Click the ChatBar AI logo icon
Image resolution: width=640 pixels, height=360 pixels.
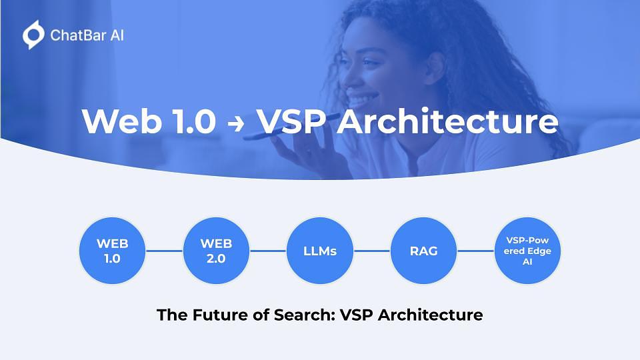(33, 35)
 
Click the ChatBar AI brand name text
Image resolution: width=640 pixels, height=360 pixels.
(87, 35)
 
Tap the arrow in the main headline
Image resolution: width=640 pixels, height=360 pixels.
(235, 123)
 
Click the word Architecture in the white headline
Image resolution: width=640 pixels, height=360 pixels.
(447, 121)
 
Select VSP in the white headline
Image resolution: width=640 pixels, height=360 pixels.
(292, 121)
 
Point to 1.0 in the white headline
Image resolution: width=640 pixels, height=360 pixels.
(194, 121)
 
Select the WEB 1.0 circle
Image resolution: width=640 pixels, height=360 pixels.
(112, 251)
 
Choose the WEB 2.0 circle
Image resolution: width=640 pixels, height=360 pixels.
(216, 251)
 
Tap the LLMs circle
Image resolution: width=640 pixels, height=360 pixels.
(320, 251)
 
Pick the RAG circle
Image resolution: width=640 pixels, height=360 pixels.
(424, 251)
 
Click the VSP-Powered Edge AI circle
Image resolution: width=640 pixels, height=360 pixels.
(527, 251)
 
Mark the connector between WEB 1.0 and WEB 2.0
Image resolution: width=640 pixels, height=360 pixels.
(164, 251)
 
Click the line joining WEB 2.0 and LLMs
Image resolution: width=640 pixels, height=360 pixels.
(268, 251)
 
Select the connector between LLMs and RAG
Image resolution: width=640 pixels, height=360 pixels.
(372, 251)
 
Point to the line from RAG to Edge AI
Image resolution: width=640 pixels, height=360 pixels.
(475, 251)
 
